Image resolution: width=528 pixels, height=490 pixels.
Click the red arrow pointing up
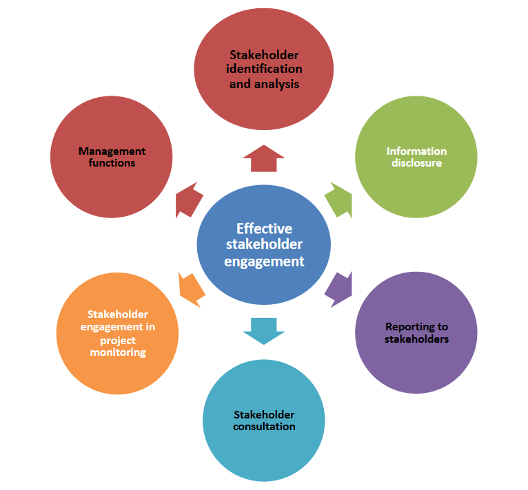tap(264, 159)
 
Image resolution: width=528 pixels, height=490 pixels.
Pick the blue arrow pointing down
tap(264, 330)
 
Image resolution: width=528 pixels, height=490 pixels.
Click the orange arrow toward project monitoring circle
tap(191, 288)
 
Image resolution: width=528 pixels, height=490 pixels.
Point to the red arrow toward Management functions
tap(189, 200)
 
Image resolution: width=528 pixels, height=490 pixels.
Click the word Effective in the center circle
tap(264, 228)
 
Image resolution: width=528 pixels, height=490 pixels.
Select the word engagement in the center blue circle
tap(264, 262)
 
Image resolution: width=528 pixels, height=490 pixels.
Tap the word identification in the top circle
tap(265, 70)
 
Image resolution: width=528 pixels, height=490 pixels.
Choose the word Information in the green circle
tap(416, 151)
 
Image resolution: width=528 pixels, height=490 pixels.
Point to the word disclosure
tap(416, 163)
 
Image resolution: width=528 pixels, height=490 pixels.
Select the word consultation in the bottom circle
tap(264, 427)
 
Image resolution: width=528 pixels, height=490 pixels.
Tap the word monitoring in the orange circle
tap(118, 352)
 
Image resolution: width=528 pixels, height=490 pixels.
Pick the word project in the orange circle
tap(118, 340)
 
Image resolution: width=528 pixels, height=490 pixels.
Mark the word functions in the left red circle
tap(112, 163)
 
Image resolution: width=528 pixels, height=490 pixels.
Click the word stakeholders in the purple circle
tap(416, 339)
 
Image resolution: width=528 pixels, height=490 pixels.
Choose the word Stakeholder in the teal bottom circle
tap(264, 414)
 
